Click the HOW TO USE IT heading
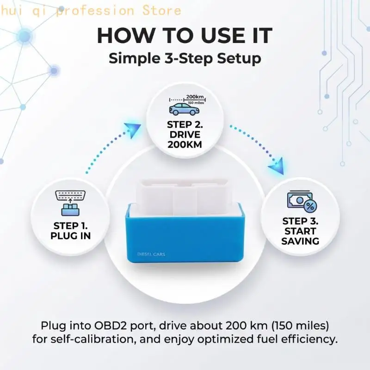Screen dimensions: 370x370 point(185,36)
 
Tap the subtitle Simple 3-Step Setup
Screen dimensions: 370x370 point(185,59)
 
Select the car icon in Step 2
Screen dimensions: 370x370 point(184,109)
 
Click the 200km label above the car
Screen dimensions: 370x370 point(195,97)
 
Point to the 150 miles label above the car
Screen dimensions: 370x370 point(196,103)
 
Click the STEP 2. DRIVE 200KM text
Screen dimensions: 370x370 point(185,135)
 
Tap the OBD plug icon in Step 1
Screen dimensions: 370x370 point(70,203)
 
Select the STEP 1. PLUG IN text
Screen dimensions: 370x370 point(71,231)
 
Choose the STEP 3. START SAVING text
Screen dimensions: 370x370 point(300,231)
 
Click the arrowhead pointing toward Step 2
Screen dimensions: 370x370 point(133,130)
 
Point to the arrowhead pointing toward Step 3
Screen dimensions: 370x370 point(277,166)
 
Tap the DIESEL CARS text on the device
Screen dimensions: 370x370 point(151,254)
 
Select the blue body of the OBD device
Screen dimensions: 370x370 point(185,238)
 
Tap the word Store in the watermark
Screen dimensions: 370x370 point(162,11)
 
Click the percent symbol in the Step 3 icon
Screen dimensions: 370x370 point(310,207)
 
